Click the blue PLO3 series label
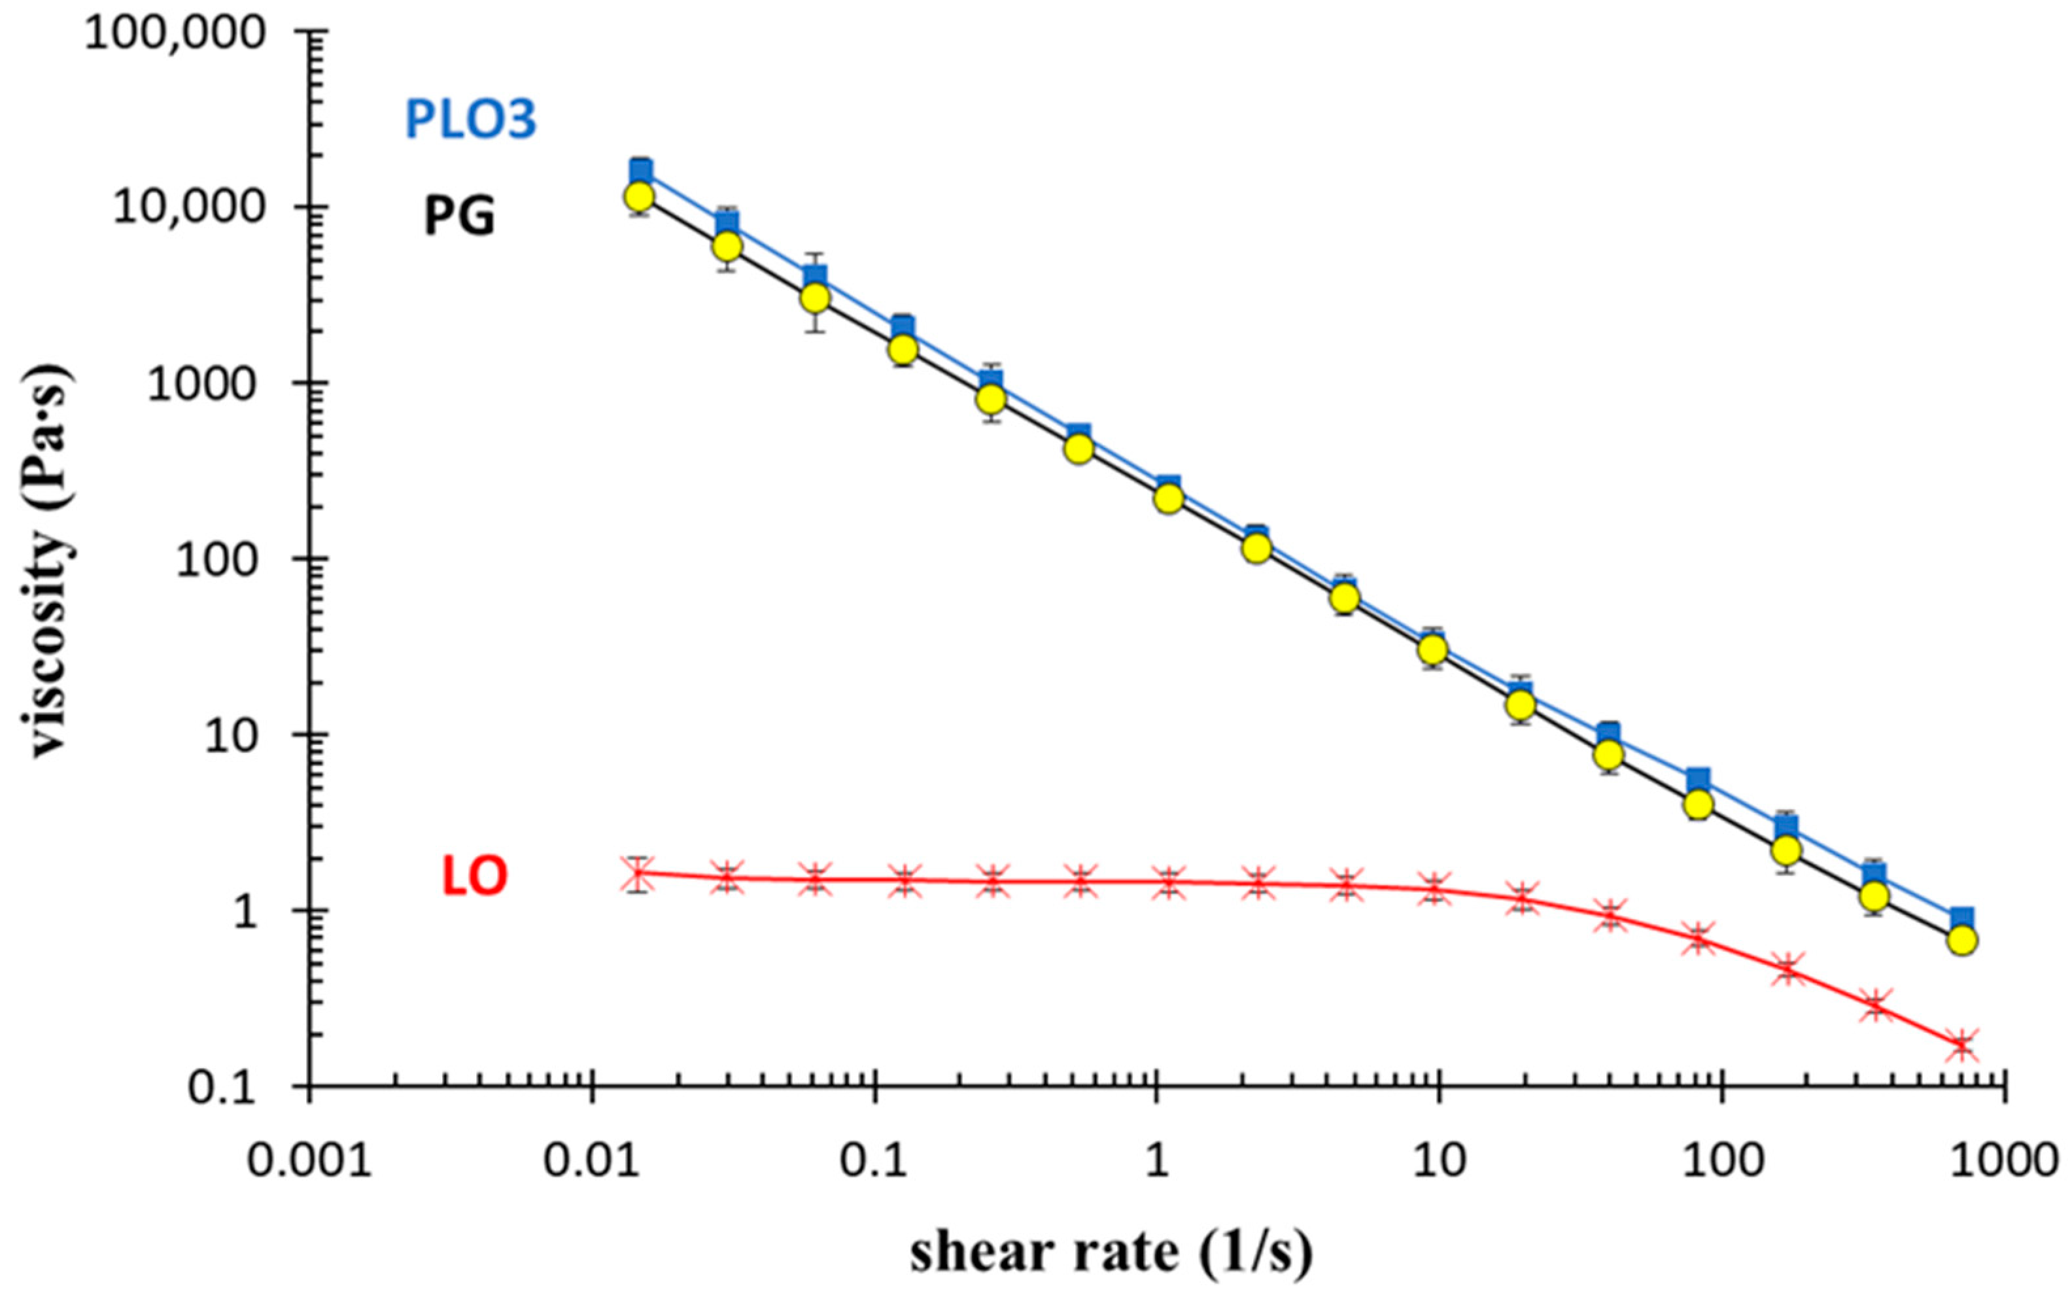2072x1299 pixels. pyautogui.click(x=471, y=120)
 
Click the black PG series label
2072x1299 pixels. pyautogui.click(x=460, y=217)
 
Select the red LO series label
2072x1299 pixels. pyautogui.click(x=474, y=877)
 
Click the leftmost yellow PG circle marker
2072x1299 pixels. pyautogui.click(x=638, y=197)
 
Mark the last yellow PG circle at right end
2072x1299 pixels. pyautogui.click(x=1962, y=940)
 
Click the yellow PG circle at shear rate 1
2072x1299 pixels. pyautogui.click(x=1168, y=498)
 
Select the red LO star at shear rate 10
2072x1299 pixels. pyautogui.click(x=1433, y=888)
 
